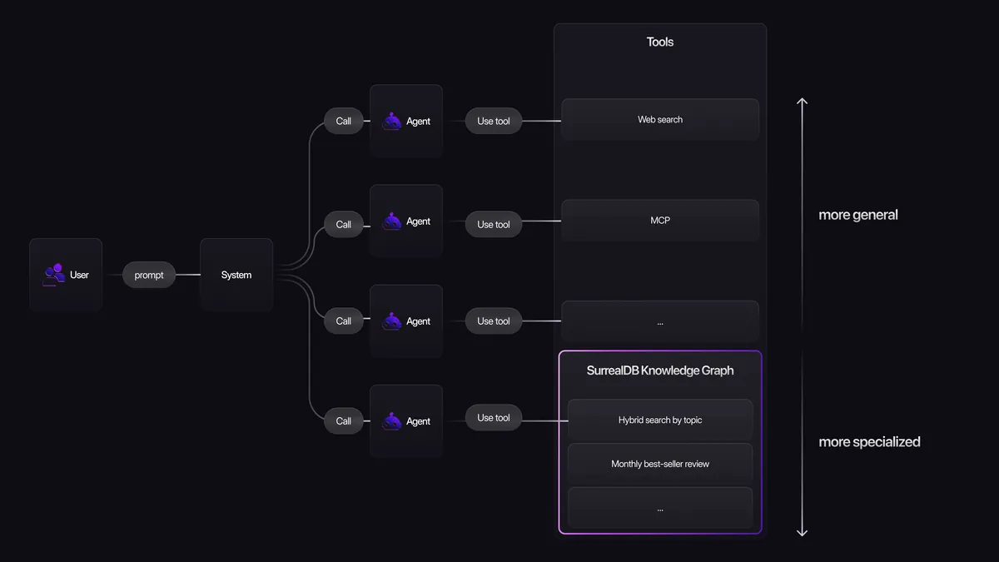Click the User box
[66, 275]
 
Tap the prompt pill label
[149, 275]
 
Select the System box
[236, 275]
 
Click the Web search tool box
[660, 120]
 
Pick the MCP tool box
[660, 221]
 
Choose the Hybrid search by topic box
[660, 420]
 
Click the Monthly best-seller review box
[660, 464]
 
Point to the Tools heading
[660, 42]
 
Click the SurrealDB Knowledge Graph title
[660, 371]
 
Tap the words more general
[858, 215]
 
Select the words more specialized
[869, 442]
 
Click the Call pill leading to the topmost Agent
[344, 121]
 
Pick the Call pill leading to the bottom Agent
[344, 420]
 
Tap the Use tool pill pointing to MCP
[494, 224]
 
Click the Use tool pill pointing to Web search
[494, 121]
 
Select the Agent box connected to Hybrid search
[406, 420]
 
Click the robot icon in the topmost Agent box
[392, 121]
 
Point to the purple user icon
[54, 273]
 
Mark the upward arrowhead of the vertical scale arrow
[803, 102]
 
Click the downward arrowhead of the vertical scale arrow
[803, 533]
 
